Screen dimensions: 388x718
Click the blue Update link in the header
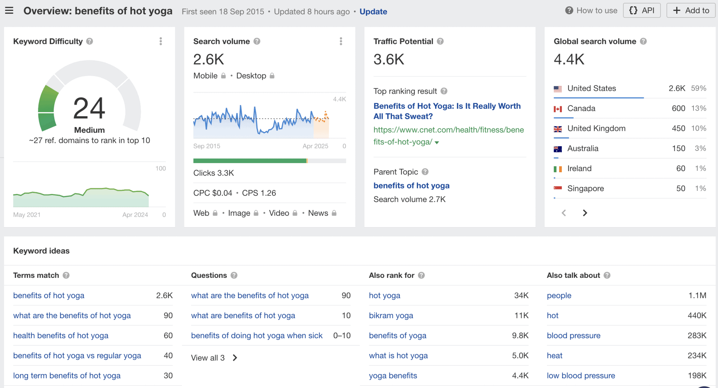pos(373,12)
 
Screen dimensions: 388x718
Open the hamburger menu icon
pos(9,11)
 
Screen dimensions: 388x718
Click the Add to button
pos(691,11)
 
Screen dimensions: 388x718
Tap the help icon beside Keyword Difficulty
pos(90,41)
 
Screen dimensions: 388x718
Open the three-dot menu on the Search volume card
pos(341,41)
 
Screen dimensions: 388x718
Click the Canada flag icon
pos(557,109)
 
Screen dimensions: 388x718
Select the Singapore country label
pos(585,188)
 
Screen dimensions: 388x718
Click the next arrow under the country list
pos(585,213)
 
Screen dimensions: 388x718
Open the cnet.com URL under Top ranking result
pos(448,136)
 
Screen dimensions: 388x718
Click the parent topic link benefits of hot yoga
pos(411,186)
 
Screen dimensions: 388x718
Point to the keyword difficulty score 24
pos(89,108)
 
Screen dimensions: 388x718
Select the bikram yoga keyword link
pos(391,315)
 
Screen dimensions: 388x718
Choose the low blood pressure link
pos(581,375)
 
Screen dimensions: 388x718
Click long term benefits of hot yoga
pos(67,375)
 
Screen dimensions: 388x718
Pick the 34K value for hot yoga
pos(521,295)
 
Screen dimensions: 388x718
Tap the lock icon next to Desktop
pos(272,76)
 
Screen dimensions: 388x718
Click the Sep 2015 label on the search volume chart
pos(207,146)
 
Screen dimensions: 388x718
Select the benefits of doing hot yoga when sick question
pos(257,335)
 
